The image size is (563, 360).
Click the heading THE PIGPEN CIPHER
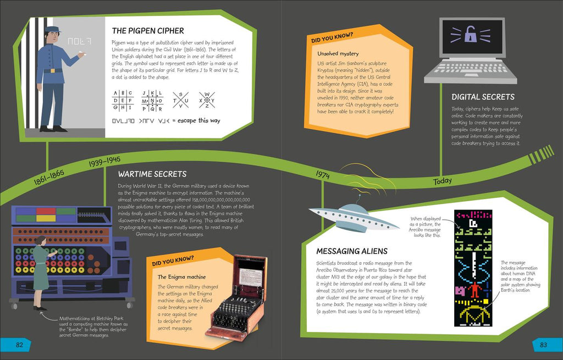[148, 31]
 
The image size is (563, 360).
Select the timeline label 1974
[323, 174]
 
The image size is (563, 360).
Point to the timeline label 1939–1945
[104, 162]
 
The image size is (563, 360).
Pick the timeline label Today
[442, 181]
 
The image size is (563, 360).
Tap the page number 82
[19, 345]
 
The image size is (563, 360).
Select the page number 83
[543, 345]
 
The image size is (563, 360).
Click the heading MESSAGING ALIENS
[352, 251]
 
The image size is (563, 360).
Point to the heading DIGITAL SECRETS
[482, 97]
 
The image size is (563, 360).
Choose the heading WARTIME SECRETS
[152, 174]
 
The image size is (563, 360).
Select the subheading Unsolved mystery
[338, 53]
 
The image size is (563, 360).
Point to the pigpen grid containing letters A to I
[122, 100]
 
